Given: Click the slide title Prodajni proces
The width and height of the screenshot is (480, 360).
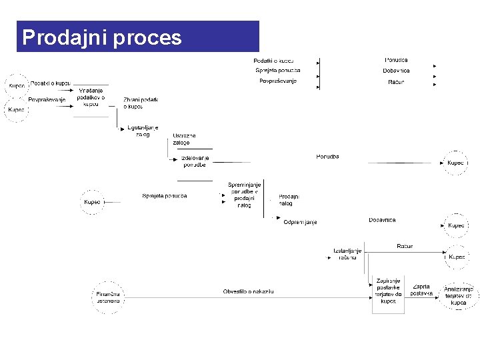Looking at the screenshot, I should pos(102,37).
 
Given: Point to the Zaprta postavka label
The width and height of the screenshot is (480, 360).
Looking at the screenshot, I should pos(421,290).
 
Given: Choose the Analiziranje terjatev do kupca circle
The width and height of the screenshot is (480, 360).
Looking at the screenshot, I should pos(459,295).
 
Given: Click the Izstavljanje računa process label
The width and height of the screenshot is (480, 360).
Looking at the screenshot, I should pos(347,254).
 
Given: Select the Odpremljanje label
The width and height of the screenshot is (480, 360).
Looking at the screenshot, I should pos(300,222).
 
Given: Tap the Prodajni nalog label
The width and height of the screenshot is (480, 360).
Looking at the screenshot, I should pos(289,200).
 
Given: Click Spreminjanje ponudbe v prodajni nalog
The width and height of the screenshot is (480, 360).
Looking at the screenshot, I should pos(244,195).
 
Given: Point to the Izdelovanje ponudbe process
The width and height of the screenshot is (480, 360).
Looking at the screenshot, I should pos(195,161).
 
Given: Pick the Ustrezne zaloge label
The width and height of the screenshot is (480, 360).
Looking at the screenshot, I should pos(184,139).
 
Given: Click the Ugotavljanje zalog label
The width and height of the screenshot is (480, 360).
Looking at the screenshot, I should pos(143,130).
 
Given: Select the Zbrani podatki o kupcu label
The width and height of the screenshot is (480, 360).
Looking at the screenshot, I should pos(140,103).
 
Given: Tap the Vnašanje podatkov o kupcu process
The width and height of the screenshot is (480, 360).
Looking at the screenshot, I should pos(91,97).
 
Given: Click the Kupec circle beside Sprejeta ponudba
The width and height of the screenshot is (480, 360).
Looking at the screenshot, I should pos(93,201).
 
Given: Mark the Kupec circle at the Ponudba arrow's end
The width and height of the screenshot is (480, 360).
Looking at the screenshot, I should pos(456,163).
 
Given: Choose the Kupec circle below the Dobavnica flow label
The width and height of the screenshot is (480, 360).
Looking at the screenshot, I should pos(456,225).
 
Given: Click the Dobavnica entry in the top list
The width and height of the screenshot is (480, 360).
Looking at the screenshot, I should pos(396,71).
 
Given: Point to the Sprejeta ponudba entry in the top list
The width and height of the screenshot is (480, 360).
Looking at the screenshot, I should pos(278,71).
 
